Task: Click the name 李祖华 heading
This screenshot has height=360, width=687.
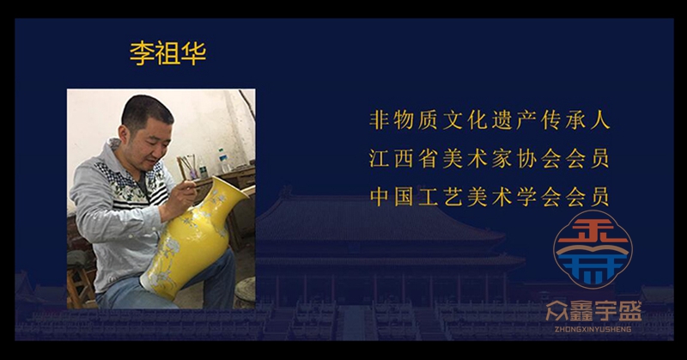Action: coord(167,53)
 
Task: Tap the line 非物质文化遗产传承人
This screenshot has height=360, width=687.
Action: coord(489,119)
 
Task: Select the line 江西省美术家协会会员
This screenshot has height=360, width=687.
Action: coord(489,158)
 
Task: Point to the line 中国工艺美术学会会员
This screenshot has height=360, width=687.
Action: coord(489,196)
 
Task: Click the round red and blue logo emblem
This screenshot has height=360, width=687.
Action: coord(593,249)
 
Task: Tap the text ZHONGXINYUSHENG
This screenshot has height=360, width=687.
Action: coord(593,329)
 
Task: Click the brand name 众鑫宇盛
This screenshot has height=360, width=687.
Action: coord(593,311)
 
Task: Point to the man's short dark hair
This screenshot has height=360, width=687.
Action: coord(147,111)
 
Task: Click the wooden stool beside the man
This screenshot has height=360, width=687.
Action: coord(80,286)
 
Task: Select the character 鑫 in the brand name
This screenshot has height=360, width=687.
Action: coord(581,311)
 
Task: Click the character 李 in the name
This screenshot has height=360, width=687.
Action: coord(142,53)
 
